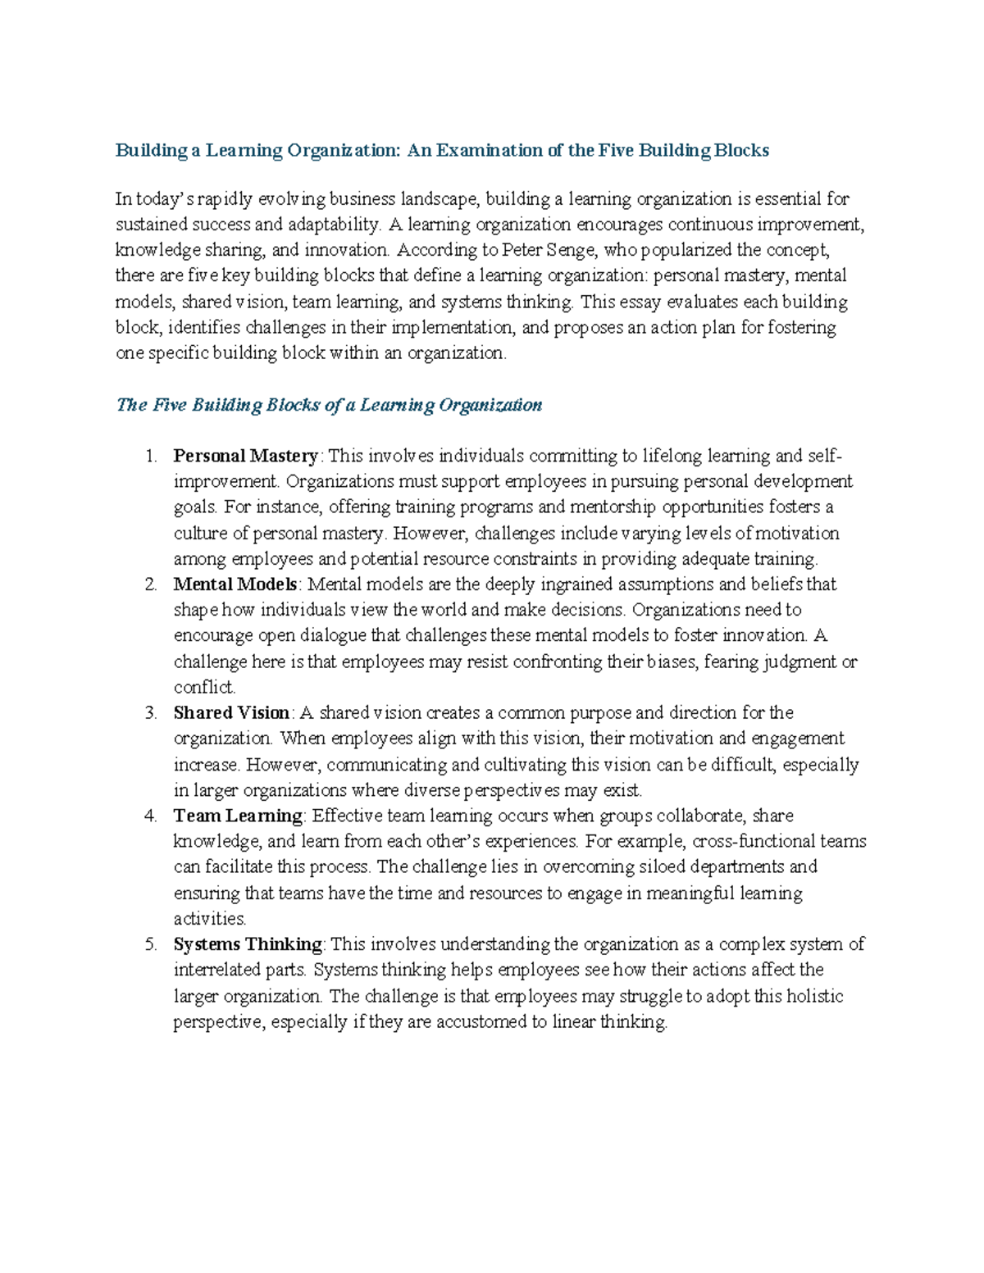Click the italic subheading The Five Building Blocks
coord(329,405)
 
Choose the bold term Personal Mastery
coord(245,456)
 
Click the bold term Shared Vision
coord(231,712)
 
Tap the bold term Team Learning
coord(238,816)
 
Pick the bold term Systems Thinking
coord(248,944)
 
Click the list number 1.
coord(150,456)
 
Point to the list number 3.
coord(150,712)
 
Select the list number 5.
coord(150,944)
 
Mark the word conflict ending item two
coord(203,687)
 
